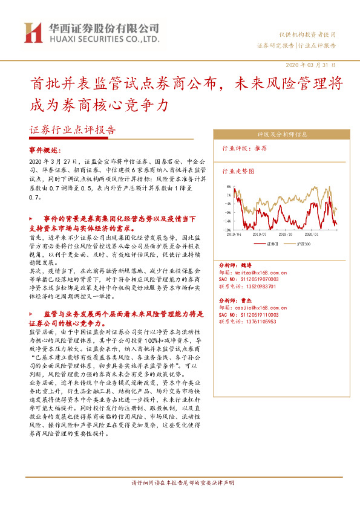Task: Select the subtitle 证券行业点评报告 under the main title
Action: (73, 130)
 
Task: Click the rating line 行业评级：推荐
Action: (245, 148)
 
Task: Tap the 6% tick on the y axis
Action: (229, 187)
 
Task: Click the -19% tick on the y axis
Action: (227, 230)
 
